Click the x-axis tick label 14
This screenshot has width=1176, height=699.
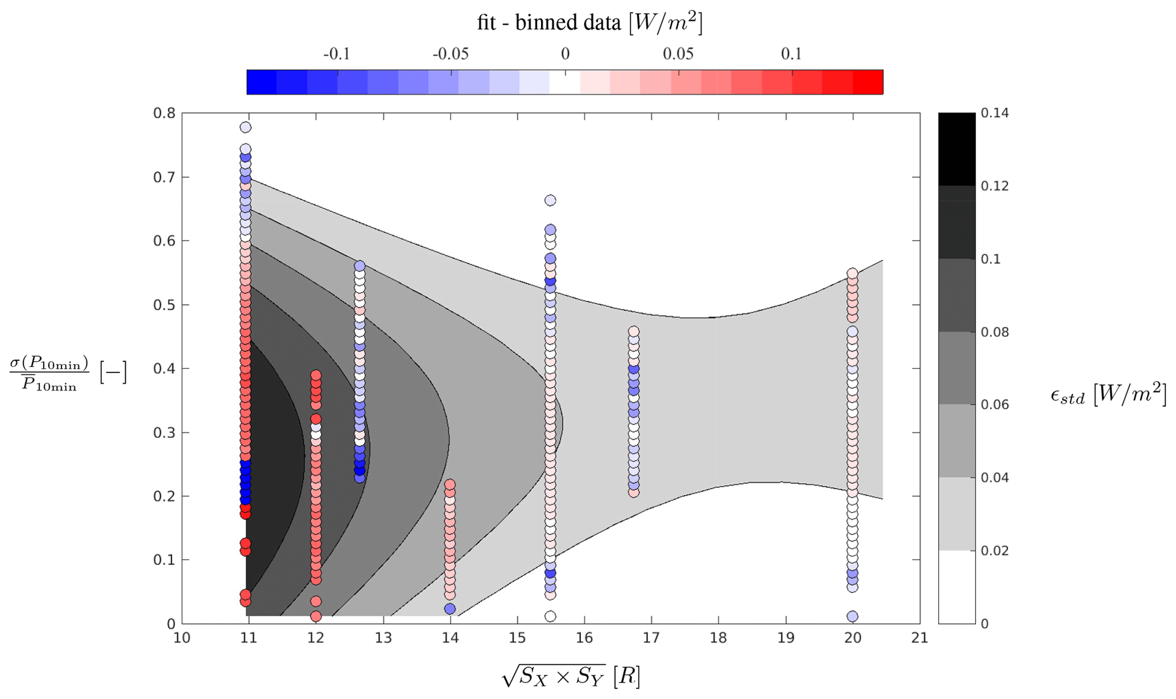(x=450, y=638)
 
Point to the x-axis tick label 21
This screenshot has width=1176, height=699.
(x=919, y=638)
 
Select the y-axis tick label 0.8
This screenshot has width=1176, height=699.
(x=164, y=113)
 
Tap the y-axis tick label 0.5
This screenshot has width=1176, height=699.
(x=164, y=305)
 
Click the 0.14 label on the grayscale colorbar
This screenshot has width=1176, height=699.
(x=995, y=113)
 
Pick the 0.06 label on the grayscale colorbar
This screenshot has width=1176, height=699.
(x=995, y=404)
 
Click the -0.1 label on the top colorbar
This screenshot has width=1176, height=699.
(x=336, y=54)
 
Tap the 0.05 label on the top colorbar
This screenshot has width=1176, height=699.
(x=678, y=54)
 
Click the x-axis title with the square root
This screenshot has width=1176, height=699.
(x=571, y=676)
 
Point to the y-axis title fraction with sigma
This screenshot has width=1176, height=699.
(x=50, y=373)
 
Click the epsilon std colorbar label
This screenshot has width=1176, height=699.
(x=1107, y=395)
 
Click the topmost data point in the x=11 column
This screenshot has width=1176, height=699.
(x=246, y=127)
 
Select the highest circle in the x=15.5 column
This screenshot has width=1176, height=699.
(x=550, y=200)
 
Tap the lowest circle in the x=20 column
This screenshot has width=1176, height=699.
(x=852, y=616)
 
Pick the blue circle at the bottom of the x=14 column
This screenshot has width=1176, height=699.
(x=450, y=609)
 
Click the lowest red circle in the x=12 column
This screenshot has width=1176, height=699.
(x=316, y=616)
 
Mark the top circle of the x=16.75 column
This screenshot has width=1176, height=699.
(x=634, y=332)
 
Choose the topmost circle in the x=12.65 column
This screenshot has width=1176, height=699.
(x=360, y=266)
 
